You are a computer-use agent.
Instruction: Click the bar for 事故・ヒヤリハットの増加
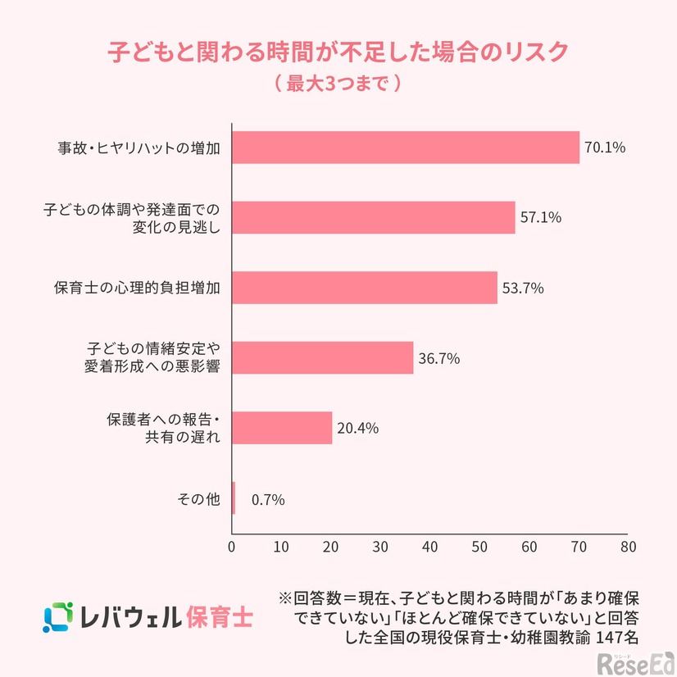406,148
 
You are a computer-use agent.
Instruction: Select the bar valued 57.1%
374,218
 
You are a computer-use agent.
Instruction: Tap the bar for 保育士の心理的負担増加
365,288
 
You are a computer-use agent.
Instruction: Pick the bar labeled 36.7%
323,358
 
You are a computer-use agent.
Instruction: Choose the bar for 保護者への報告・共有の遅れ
283,428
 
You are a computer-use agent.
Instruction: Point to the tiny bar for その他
234,498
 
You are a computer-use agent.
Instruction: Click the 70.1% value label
605,148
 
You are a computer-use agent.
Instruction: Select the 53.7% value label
523,289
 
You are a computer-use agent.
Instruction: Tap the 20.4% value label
357,428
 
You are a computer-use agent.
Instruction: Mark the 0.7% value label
268,499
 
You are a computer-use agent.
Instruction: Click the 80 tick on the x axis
628,546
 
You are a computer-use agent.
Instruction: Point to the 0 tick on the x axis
233,546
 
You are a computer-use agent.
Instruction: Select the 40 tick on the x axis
430,546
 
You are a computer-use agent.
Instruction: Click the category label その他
199,498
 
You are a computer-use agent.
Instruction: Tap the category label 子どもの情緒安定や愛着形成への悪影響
153,357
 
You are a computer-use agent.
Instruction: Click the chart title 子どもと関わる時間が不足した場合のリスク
338,51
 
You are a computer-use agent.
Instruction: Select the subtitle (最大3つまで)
338,84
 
